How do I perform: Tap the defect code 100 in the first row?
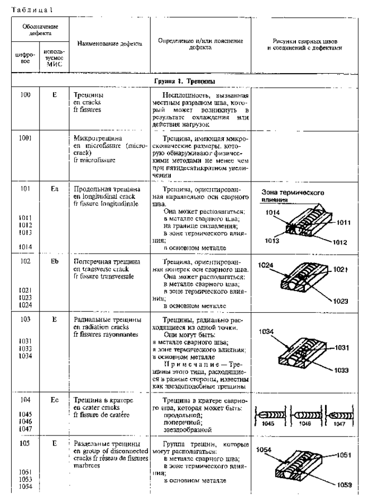click(22, 95)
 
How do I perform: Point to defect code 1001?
click(23, 137)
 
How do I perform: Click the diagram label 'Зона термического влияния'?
click(293, 196)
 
